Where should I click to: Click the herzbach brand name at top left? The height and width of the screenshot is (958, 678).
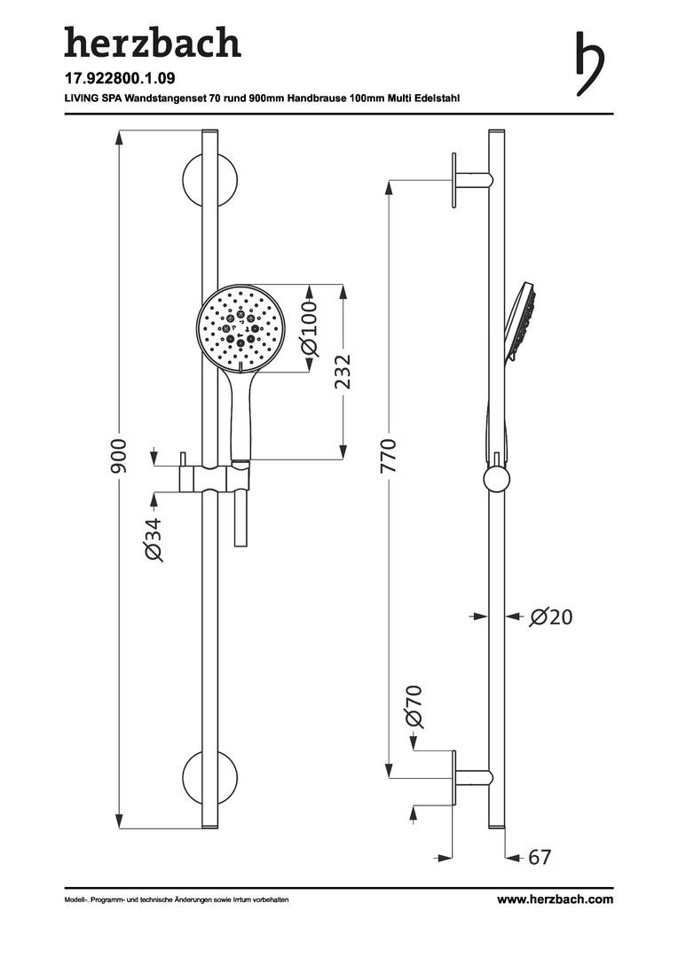[x=153, y=43]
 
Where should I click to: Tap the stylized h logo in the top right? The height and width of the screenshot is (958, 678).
[x=589, y=63]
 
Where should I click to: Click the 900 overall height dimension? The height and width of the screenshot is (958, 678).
[x=119, y=456]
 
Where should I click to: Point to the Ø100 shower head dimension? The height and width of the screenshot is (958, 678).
[x=311, y=327]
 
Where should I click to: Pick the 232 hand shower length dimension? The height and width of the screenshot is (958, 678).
[x=343, y=372]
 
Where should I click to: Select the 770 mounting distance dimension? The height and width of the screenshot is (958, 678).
[x=388, y=456]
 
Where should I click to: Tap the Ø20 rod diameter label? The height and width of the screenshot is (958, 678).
[x=551, y=617]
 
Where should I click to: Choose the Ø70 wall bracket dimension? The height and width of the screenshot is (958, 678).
[x=414, y=707]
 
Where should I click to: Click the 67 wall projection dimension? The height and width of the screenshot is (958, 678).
[x=540, y=857]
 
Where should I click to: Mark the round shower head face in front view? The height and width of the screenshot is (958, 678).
[x=239, y=326]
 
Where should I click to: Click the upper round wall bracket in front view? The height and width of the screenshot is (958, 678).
[x=209, y=181]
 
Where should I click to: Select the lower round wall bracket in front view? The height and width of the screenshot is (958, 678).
[x=209, y=777]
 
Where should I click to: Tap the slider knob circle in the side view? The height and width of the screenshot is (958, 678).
[x=496, y=480]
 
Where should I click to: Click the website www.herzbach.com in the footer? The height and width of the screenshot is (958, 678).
[x=555, y=899]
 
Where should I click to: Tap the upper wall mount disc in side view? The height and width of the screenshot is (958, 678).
[x=453, y=180]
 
